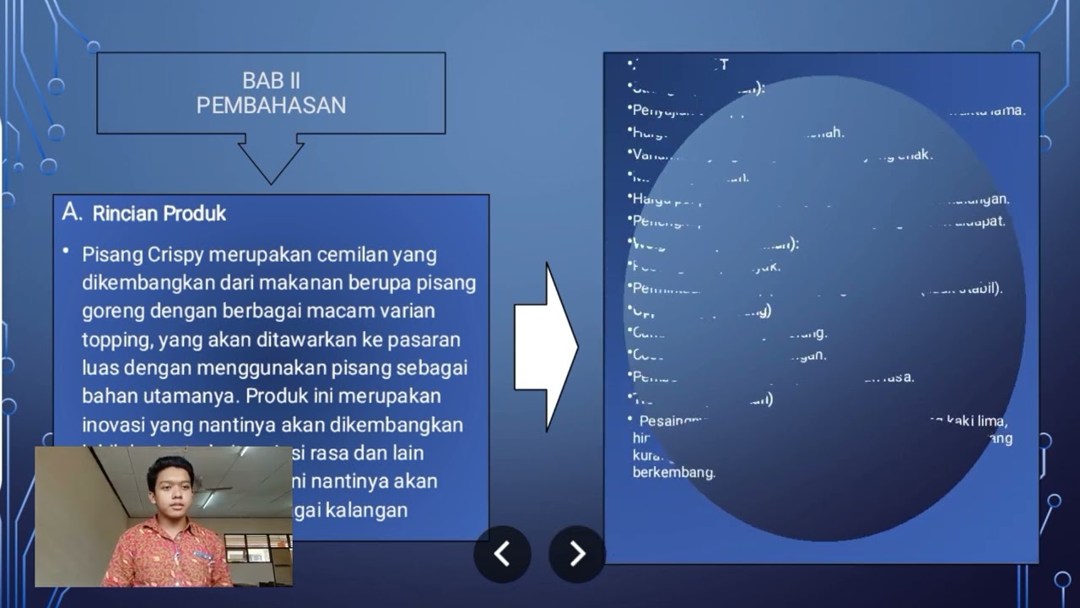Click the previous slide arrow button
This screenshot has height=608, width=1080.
(x=502, y=554)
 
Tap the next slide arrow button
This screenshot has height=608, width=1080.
(x=577, y=554)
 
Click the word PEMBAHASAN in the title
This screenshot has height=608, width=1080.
(x=271, y=106)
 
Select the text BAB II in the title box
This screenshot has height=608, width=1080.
(x=271, y=81)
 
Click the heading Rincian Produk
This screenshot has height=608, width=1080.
(x=159, y=214)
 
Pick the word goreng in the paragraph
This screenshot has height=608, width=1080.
(x=113, y=311)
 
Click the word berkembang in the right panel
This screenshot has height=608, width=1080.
(x=673, y=473)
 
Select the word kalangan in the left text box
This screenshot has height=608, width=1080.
(x=372, y=510)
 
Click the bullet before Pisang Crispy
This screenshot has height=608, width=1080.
(x=66, y=252)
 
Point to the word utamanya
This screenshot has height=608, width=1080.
(x=192, y=396)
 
